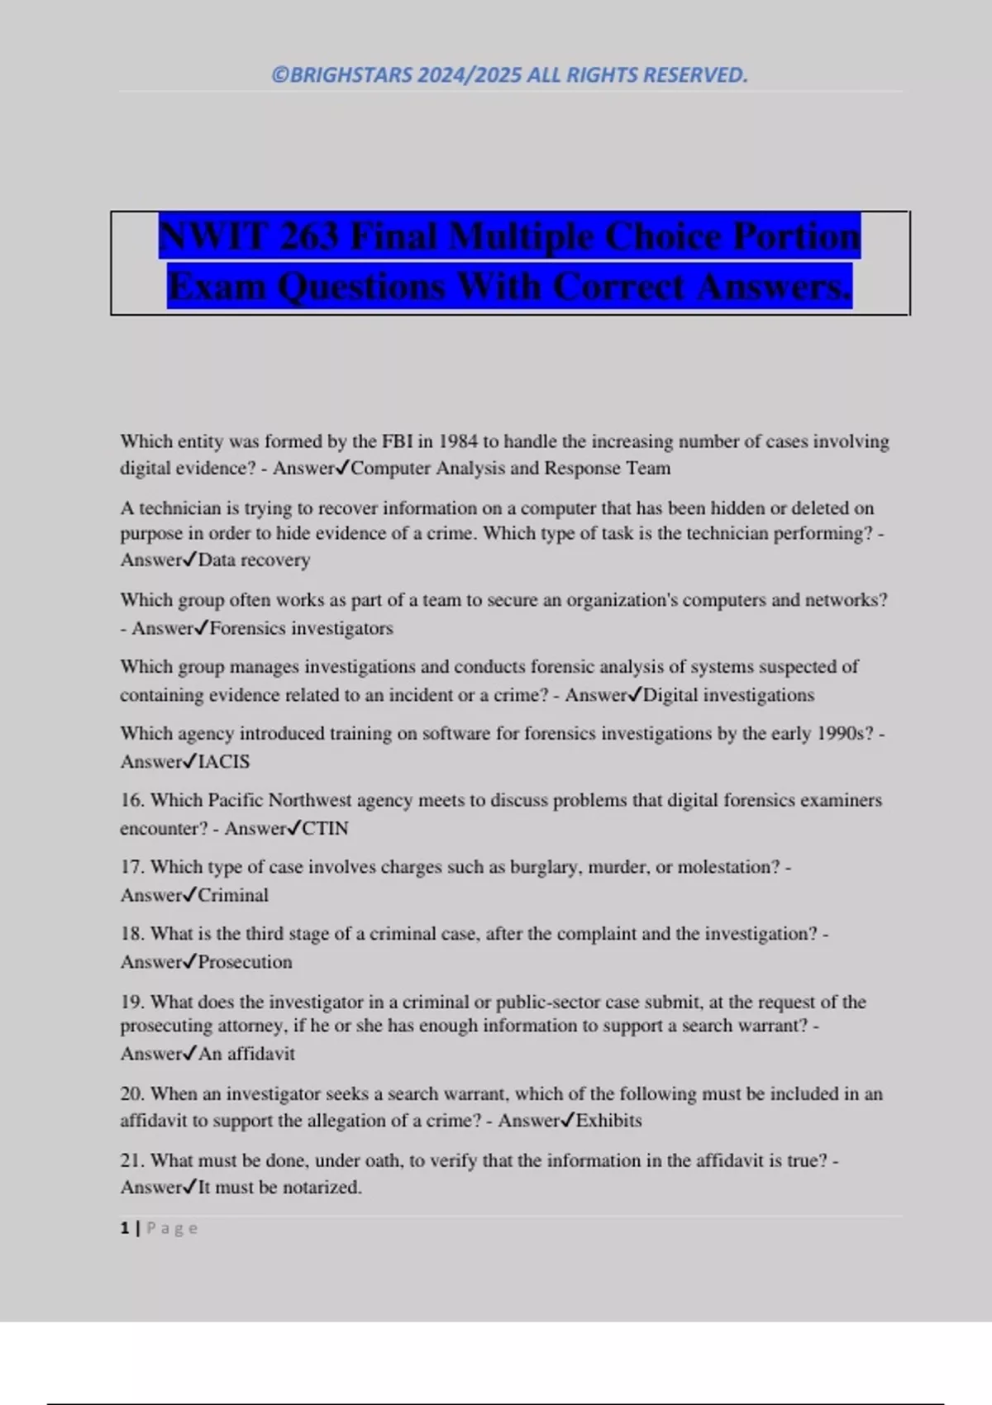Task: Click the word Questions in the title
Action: click(361, 287)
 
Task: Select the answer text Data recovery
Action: click(254, 560)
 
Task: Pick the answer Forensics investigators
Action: click(301, 628)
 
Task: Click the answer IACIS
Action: click(223, 761)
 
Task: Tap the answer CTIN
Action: click(325, 828)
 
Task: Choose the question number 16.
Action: click(132, 800)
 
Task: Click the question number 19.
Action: click(132, 1002)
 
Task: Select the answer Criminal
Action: click(233, 895)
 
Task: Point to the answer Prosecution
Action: click(245, 962)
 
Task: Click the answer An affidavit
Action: click(246, 1054)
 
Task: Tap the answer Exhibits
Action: click(608, 1121)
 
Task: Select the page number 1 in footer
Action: click(125, 1228)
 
